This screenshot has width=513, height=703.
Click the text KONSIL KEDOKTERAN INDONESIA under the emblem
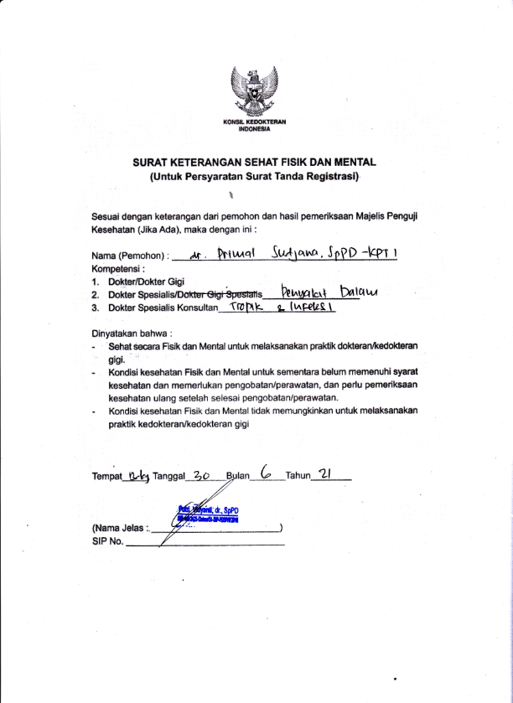pyautogui.click(x=256, y=126)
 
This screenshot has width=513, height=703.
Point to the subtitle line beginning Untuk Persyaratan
pyautogui.click(x=255, y=178)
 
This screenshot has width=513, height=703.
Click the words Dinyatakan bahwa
pyautogui.click(x=125, y=333)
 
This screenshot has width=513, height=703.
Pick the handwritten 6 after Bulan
pyautogui.click(x=266, y=473)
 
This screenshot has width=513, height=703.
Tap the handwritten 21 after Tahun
pyautogui.click(x=328, y=474)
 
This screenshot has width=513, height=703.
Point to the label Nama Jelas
pyautogui.click(x=117, y=529)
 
